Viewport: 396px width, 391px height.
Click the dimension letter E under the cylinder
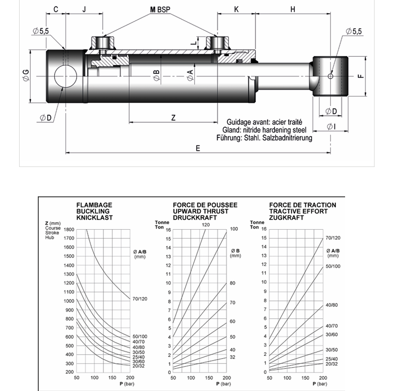point(198,148)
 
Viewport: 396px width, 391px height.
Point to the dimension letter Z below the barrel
point(173,117)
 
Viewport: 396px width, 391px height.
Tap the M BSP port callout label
point(160,10)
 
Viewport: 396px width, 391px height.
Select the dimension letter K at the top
point(236,9)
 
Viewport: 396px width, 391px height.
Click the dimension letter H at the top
point(292,9)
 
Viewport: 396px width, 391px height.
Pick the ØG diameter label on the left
point(26,75)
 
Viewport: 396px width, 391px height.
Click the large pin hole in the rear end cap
point(65,76)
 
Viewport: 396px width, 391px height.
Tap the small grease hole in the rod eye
point(330,76)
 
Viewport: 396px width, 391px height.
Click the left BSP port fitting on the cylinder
point(102,43)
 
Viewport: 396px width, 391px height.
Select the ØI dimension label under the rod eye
point(331,126)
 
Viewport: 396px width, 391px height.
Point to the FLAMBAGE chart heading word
point(94,205)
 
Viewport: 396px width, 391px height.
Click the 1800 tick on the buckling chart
point(69,229)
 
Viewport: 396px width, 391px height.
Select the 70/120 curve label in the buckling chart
point(140,299)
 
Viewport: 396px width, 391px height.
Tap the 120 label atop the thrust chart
point(205,224)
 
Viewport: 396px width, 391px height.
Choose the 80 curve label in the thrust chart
point(233,283)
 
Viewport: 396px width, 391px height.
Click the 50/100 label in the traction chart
point(333,266)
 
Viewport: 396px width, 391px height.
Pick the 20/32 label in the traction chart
point(332,364)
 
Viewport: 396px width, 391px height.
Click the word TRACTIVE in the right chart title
point(285,211)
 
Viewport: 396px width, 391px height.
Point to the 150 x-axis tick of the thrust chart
point(209,377)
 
